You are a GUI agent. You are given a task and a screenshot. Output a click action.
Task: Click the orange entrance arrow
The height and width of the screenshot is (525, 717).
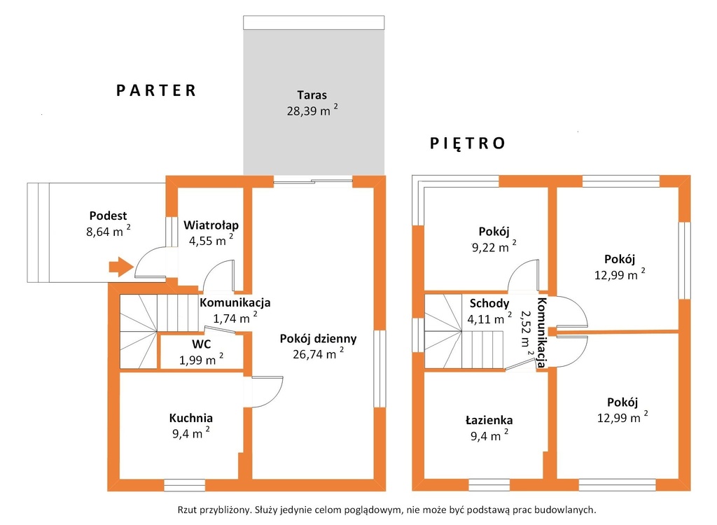tap(120, 266)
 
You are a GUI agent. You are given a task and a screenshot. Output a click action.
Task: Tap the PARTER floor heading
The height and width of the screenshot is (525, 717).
tap(156, 90)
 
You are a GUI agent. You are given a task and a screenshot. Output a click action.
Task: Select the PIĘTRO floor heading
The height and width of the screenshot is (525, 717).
tap(467, 143)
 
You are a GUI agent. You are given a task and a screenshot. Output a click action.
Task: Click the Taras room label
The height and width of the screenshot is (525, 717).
tap(312, 95)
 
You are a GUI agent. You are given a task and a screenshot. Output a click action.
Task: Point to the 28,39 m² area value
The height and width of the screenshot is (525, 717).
tap(313, 110)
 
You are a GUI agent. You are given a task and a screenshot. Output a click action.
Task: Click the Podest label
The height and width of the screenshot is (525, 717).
tap(108, 216)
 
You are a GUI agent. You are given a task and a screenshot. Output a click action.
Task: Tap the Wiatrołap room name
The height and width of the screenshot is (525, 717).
tap(211, 225)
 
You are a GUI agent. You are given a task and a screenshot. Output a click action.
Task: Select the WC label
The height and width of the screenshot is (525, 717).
tap(201, 344)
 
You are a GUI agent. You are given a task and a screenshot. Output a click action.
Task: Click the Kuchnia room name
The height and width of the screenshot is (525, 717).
tap(190, 417)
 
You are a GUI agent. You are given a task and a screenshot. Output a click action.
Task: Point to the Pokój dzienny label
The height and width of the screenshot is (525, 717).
tap(319, 339)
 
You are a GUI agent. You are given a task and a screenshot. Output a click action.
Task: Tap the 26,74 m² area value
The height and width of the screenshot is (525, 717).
tap(319, 353)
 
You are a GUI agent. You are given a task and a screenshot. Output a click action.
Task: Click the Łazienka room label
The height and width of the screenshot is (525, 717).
tap(489, 420)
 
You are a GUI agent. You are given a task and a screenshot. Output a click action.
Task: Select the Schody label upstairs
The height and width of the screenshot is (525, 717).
tap(489, 303)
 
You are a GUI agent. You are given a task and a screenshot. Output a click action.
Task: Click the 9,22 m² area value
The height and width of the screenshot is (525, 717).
tap(494, 247)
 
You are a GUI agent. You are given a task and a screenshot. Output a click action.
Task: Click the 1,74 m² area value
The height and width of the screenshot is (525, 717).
tap(235, 318)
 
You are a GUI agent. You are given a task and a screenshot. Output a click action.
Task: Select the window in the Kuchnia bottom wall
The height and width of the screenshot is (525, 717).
tap(184, 485)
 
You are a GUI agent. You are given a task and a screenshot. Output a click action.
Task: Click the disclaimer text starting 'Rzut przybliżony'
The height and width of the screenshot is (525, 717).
tap(387, 510)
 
